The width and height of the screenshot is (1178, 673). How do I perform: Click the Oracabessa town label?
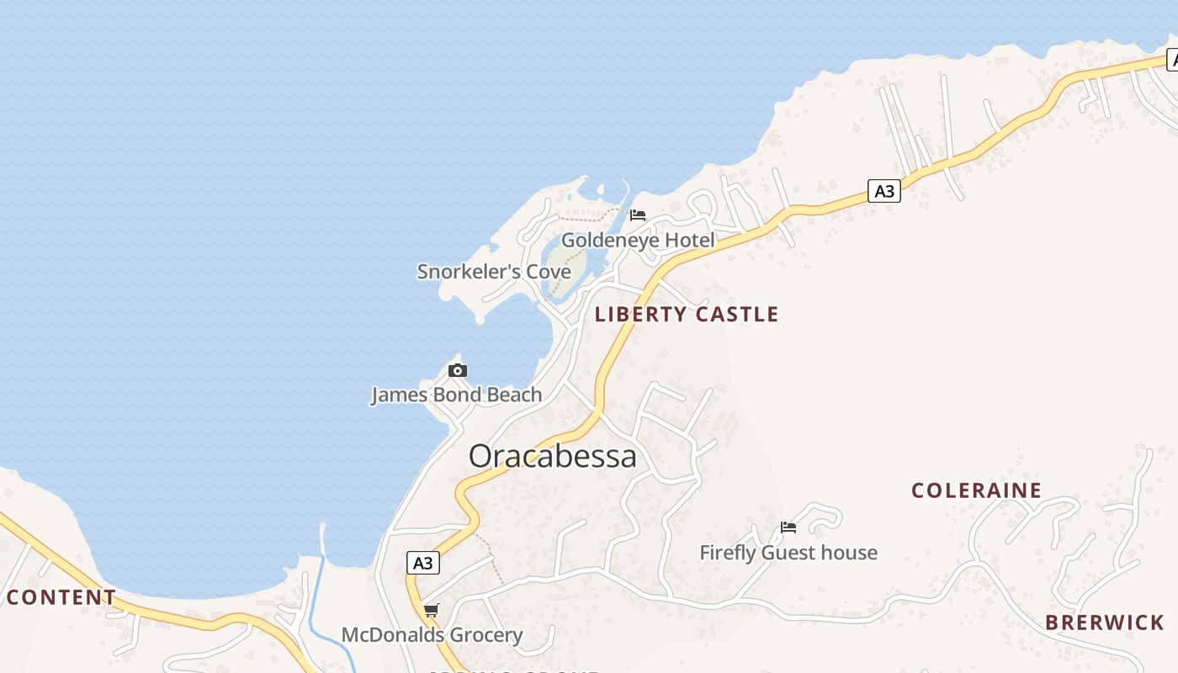pyautogui.click(x=552, y=456)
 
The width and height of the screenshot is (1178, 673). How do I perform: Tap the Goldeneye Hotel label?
pyautogui.click(x=638, y=241)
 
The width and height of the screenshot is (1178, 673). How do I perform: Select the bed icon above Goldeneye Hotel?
pyautogui.click(x=638, y=215)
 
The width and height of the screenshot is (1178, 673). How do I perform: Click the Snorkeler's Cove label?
pyautogui.click(x=494, y=272)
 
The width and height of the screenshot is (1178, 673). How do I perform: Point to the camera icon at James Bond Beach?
pyautogui.click(x=458, y=370)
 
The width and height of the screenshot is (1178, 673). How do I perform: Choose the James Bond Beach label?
pyautogui.click(x=457, y=395)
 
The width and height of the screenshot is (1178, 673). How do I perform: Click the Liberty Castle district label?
pyautogui.click(x=687, y=315)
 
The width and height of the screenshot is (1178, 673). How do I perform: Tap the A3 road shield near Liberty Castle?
pyautogui.click(x=883, y=191)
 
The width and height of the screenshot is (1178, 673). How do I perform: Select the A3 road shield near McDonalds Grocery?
pyautogui.click(x=422, y=563)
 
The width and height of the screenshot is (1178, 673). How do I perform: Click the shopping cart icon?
pyautogui.click(x=431, y=610)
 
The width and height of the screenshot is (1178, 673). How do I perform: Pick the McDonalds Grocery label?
pyautogui.click(x=432, y=635)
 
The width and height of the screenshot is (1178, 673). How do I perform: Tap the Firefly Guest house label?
pyautogui.click(x=788, y=553)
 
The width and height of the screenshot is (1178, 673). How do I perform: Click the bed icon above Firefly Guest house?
pyautogui.click(x=788, y=527)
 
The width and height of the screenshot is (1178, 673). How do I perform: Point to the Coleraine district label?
pyautogui.click(x=976, y=490)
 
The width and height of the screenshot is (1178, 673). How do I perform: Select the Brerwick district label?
pyautogui.click(x=1105, y=623)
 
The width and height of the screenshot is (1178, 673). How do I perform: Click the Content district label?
pyautogui.click(x=61, y=597)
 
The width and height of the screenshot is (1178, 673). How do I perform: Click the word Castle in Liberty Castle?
pyautogui.click(x=738, y=315)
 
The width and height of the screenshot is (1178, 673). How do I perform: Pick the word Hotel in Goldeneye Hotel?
pyautogui.click(x=689, y=241)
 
